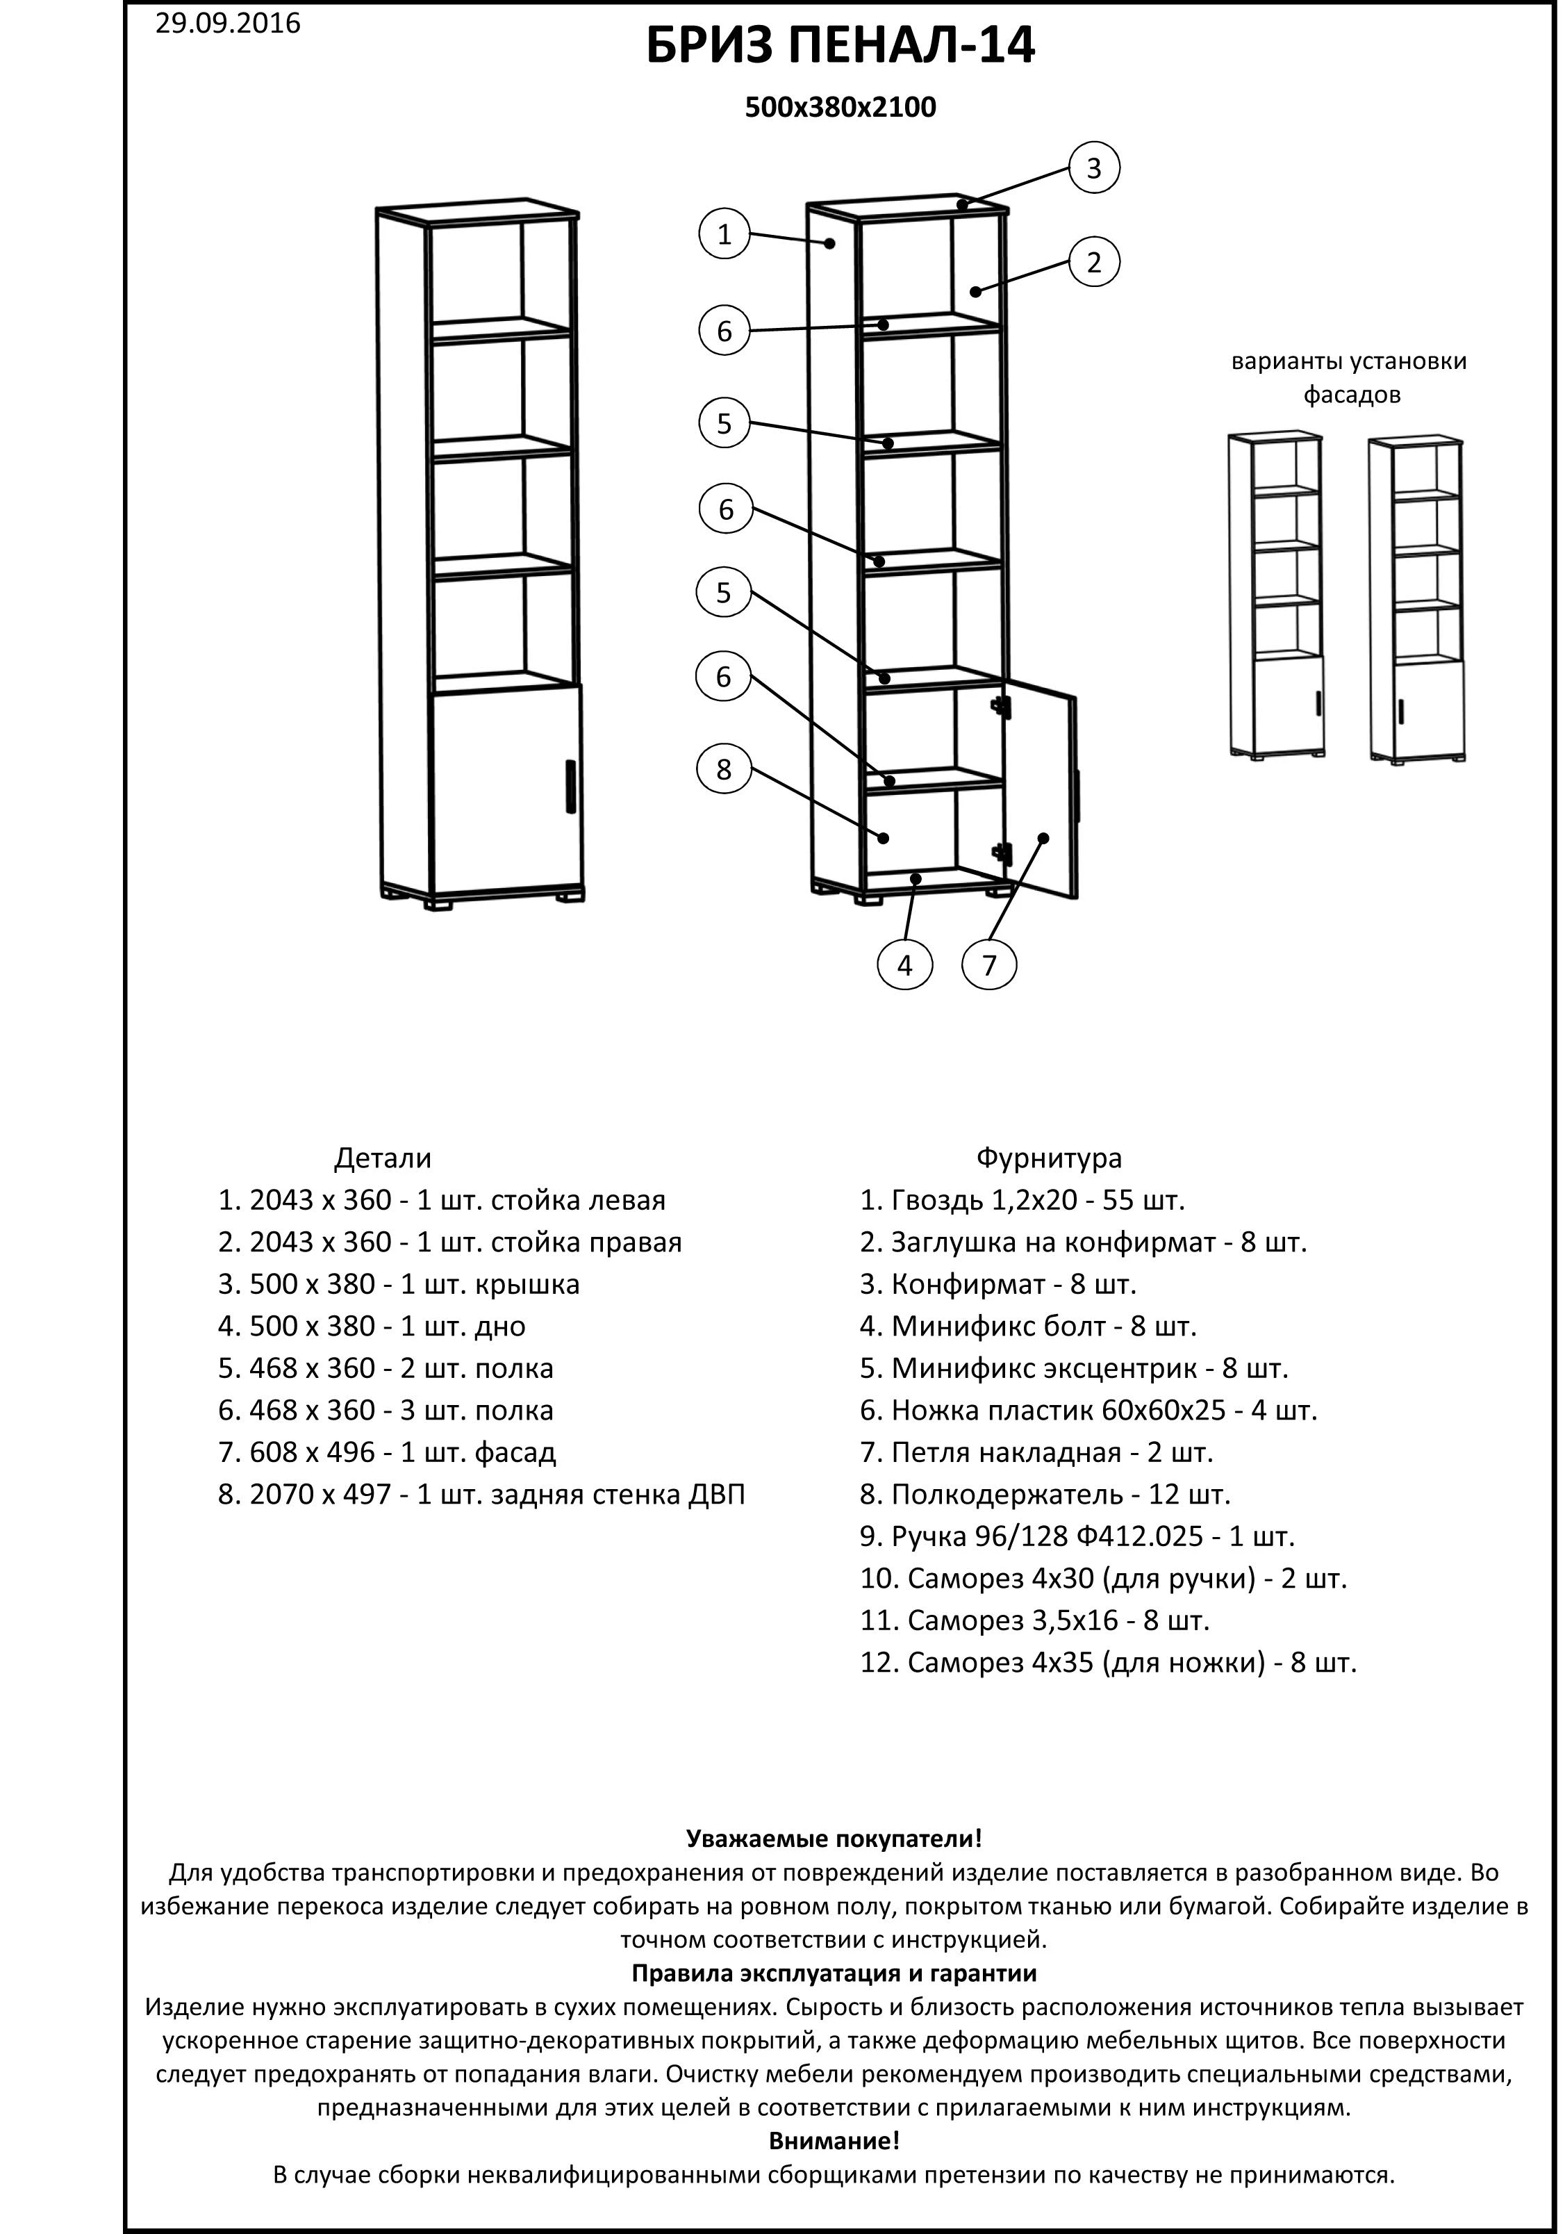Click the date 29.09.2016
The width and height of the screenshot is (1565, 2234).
tap(228, 24)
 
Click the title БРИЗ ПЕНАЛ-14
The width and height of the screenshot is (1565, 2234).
tap(841, 47)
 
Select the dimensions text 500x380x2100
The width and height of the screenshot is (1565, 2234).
tap(841, 107)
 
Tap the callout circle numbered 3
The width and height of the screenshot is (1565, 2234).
tap(1094, 168)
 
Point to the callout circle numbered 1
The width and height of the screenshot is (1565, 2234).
tap(724, 234)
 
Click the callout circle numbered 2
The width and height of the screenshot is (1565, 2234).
tap(1094, 263)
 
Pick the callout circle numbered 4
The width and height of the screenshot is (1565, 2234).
tap(904, 965)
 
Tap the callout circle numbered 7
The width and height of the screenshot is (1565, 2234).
tap(989, 965)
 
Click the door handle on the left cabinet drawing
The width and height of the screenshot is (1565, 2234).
tap(570, 785)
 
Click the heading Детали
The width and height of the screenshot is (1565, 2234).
tap(382, 1159)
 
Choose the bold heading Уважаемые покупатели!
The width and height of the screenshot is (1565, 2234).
tap(834, 1839)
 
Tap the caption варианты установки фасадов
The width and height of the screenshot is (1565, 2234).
tap(1349, 377)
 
